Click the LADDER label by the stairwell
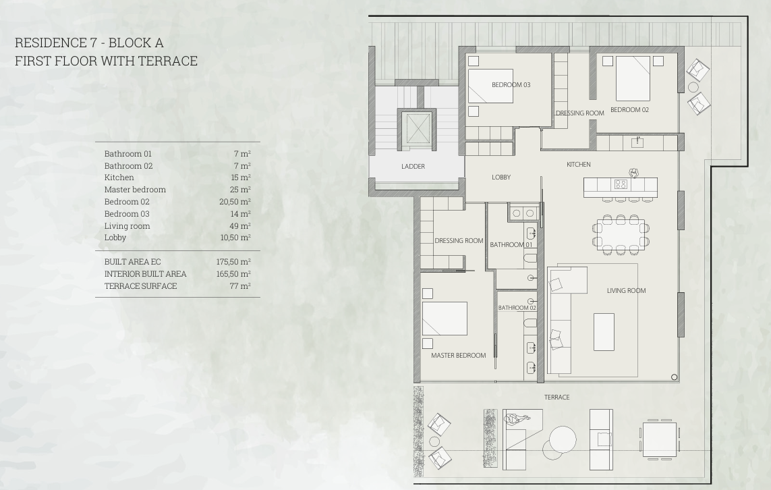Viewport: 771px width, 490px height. point(413,166)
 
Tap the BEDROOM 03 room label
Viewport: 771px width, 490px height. point(511,84)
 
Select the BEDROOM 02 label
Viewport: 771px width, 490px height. point(629,110)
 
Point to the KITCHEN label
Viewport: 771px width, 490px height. point(579,164)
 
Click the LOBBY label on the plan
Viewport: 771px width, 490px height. point(501,177)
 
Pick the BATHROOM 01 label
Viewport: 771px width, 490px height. point(511,244)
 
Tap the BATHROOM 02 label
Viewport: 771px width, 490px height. point(517,308)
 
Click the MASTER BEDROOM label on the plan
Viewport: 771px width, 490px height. point(458,355)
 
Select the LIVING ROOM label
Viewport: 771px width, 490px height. point(626,291)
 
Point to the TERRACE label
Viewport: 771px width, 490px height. point(556,397)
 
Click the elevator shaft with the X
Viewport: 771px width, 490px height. point(416,130)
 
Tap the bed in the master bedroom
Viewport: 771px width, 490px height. point(445,319)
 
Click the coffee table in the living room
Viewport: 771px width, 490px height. point(604,332)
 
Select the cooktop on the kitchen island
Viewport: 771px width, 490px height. point(621,184)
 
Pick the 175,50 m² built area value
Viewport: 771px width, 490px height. point(233,262)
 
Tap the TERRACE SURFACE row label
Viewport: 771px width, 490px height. point(140,286)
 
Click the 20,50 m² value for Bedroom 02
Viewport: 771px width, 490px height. point(235,202)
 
